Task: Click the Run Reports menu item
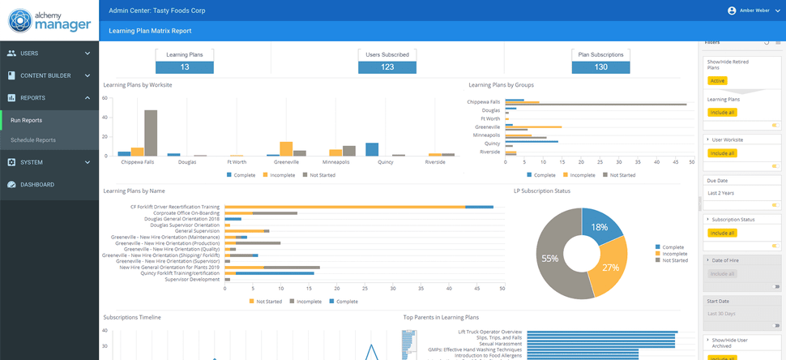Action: (27, 120)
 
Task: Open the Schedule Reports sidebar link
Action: (33, 140)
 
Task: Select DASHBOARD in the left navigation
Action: (37, 185)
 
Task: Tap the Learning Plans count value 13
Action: (185, 67)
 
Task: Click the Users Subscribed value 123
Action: (387, 67)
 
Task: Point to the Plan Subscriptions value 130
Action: (600, 67)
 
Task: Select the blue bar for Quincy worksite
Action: (372, 148)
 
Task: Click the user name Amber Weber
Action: (756, 11)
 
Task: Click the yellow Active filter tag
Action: (717, 81)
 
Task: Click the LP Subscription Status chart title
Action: (543, 191)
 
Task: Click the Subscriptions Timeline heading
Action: (132, 317)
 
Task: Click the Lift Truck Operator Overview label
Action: (489, 332)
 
